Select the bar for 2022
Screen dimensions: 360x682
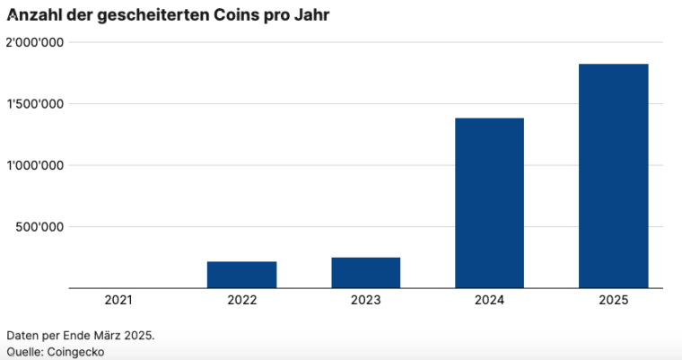coord(241,275)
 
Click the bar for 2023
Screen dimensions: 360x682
coord(365,273)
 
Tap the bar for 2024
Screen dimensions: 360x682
coord(489,203)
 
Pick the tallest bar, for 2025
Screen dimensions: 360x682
coord(613,176)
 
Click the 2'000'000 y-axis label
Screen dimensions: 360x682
coord(33,42)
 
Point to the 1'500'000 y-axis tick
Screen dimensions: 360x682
coord(34,104)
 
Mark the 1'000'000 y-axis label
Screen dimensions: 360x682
coord(34,165)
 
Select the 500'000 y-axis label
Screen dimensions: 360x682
coord(39,227)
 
